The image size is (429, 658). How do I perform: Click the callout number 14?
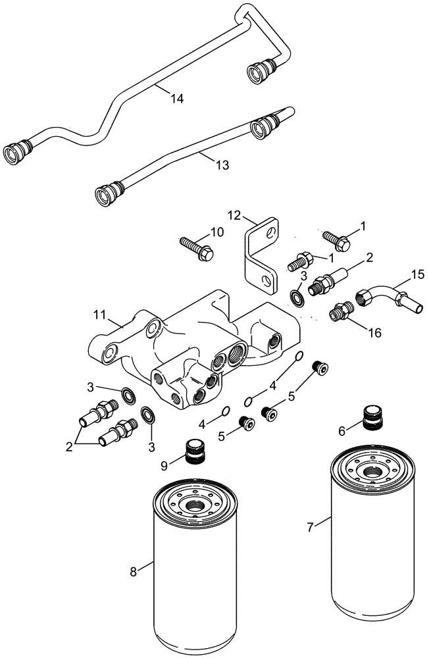pos(176,98)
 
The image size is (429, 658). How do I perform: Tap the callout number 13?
pos(222,165)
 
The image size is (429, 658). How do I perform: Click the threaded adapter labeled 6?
pos(372,418)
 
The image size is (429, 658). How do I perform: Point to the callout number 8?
pos(134,571)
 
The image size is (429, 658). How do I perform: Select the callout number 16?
pos(374,334)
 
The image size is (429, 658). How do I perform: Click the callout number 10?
pos(216,232)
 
